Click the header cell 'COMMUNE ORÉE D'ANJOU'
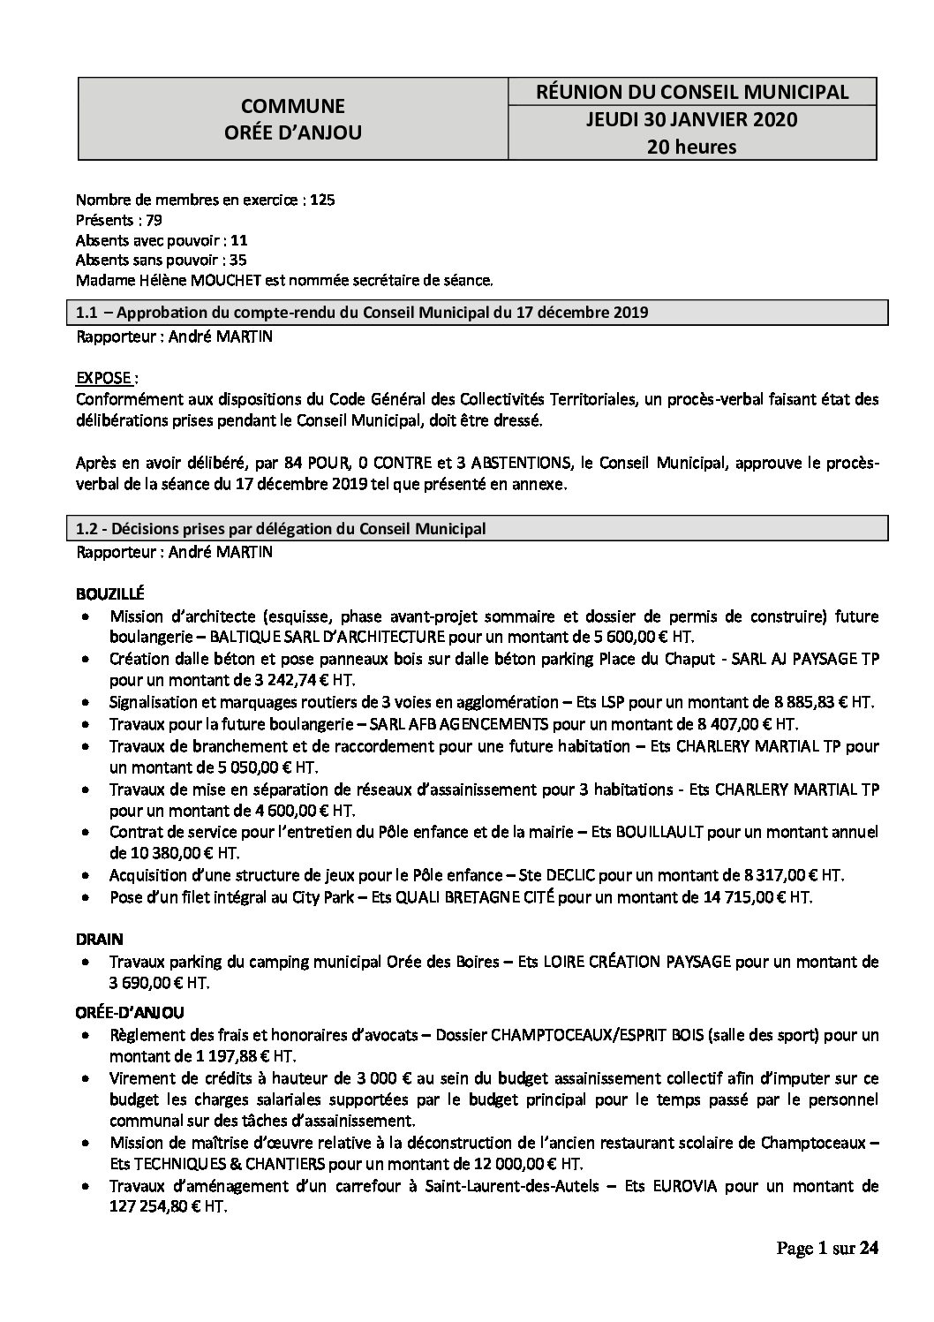pos(293,119)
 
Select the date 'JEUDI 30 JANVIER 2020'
pos(691,119)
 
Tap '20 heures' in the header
pos(691,147)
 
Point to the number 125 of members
pos(322,200)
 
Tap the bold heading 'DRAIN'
pos(99,939)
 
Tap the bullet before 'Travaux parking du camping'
pos(85,961)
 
